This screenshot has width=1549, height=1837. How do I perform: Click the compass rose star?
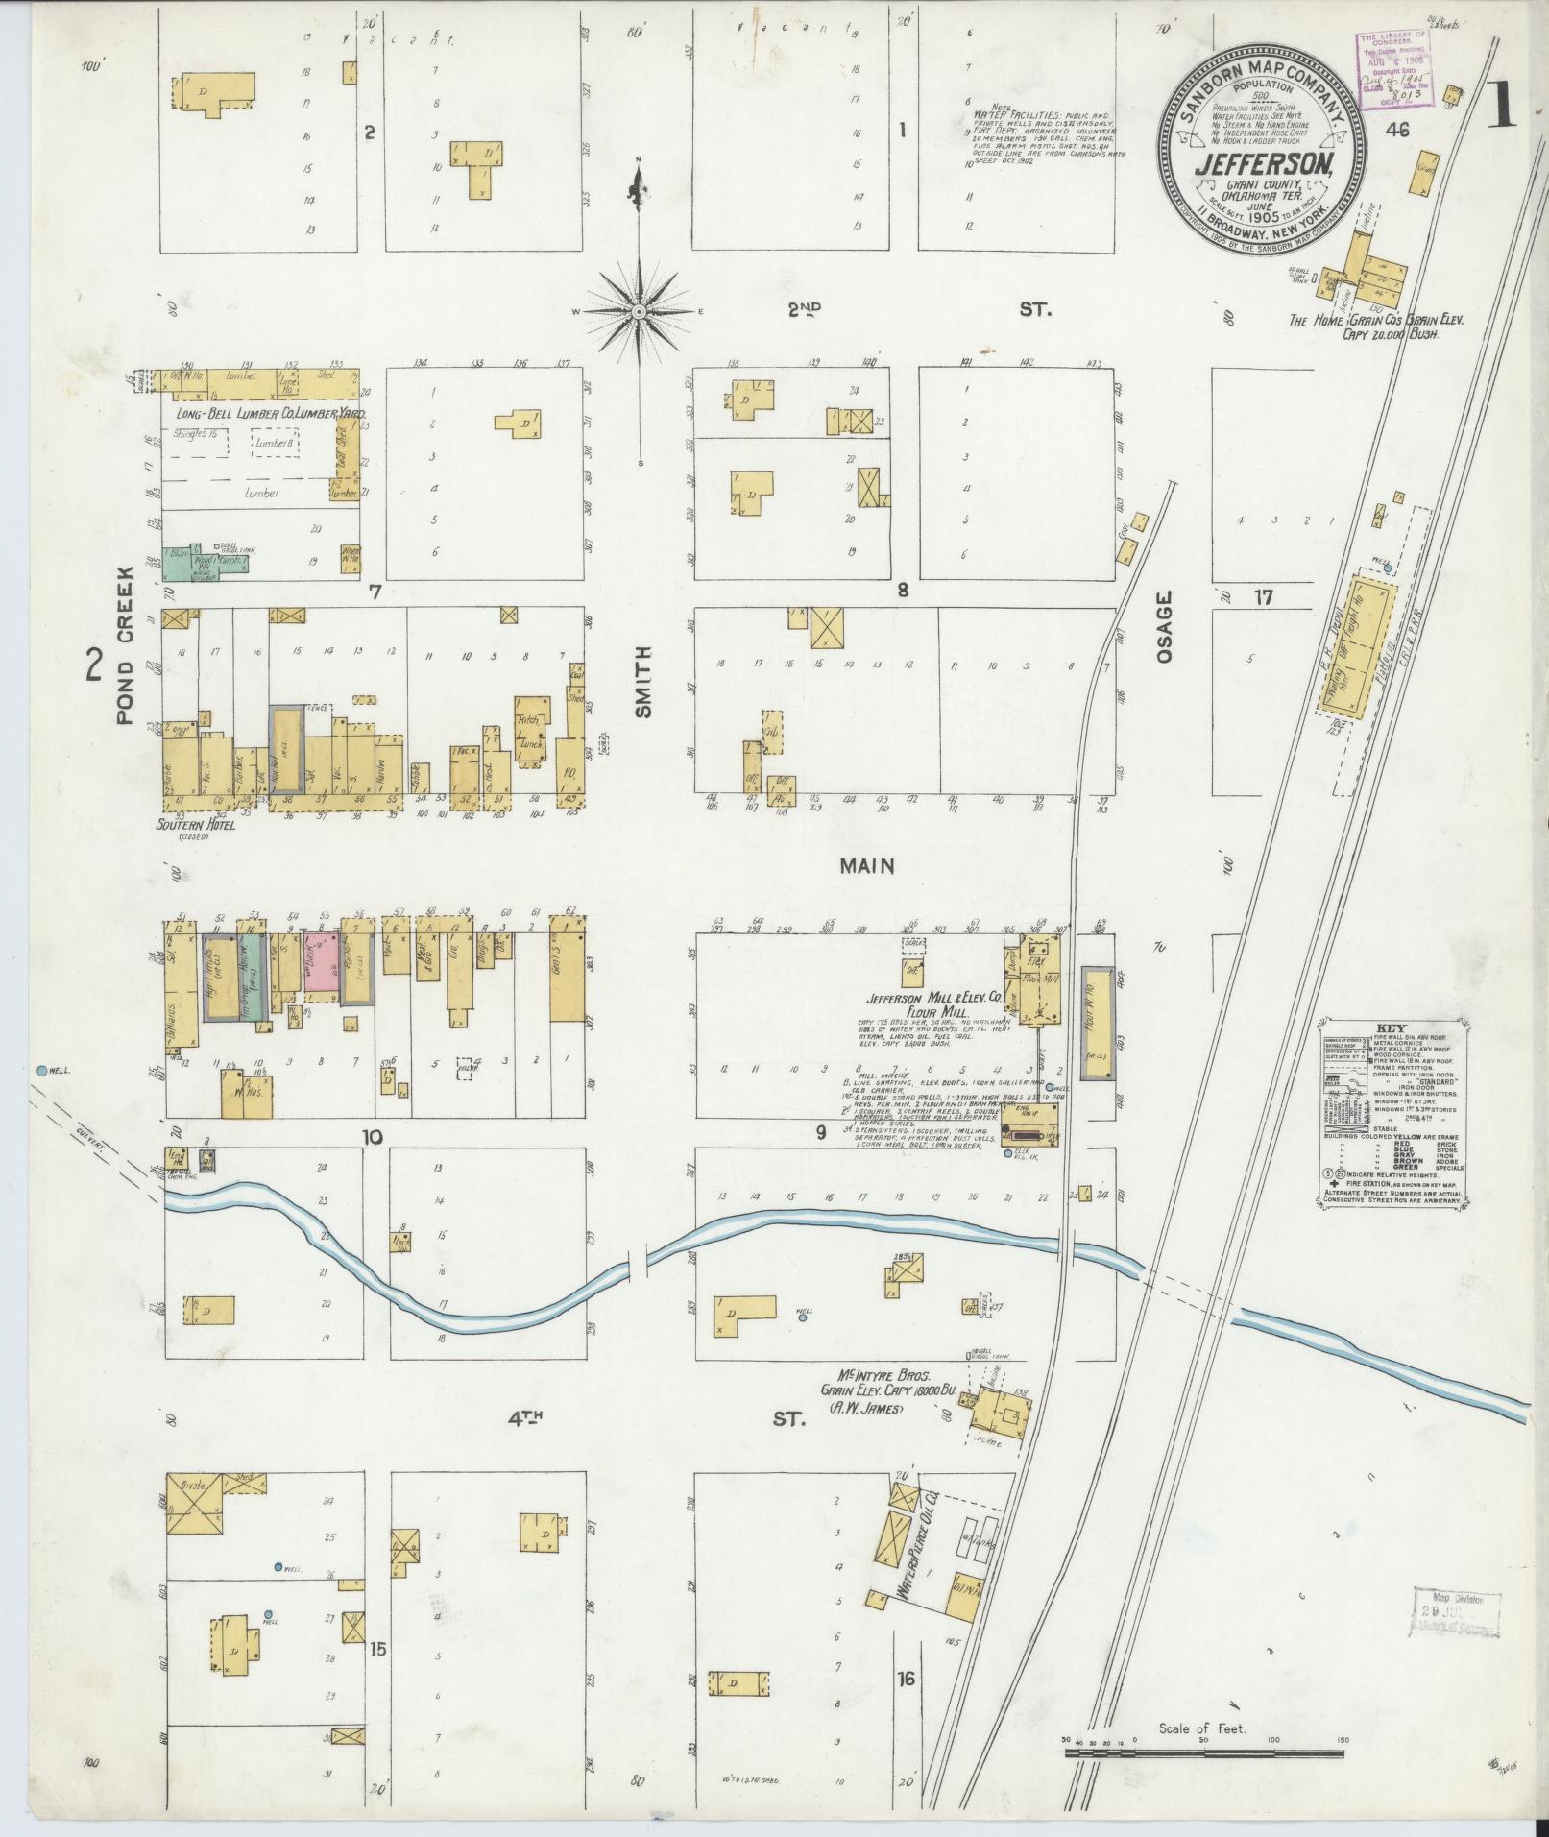point(640,312)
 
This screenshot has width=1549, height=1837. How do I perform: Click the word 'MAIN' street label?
point(867,866)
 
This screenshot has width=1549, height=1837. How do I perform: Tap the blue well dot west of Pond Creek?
point(41,1070)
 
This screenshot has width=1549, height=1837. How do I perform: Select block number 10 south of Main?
point(373,1138)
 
